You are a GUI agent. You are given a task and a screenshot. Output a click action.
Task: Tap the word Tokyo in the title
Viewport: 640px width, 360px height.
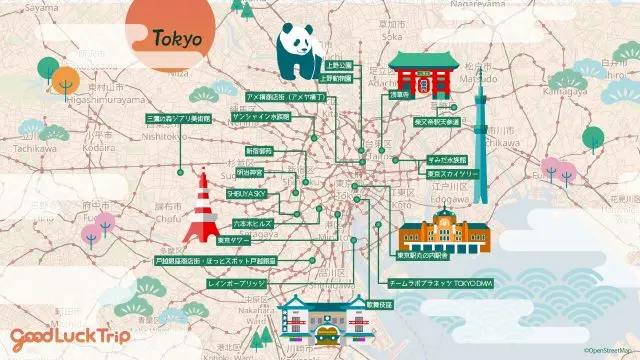click(x=178, y=39)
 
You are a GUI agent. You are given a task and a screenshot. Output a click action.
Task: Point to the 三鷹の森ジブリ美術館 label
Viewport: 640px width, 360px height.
click(x=181, y=118)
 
